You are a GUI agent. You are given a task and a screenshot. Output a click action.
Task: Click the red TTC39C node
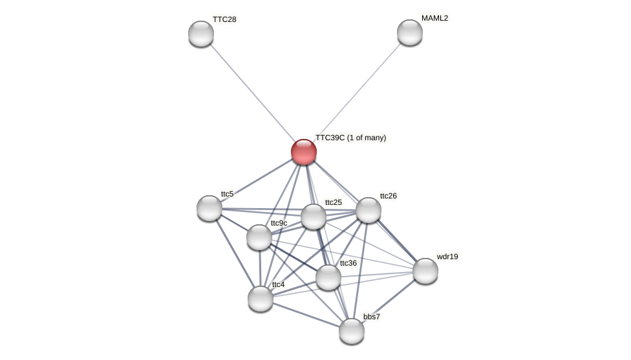(304, 152)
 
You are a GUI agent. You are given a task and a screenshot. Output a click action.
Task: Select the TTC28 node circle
(201, 34)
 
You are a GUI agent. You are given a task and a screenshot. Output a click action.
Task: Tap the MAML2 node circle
(410, 32)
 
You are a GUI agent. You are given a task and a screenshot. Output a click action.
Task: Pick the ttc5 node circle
(209, 208)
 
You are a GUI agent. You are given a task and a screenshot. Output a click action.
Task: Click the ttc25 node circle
(314, 217)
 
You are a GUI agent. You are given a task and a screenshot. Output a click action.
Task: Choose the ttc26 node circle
(369, 210)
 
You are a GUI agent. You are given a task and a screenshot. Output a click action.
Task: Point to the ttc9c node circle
(259, 237)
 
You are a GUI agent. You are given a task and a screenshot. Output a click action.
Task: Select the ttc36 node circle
(328, 277)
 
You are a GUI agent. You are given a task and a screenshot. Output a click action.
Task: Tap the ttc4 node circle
(261, 299)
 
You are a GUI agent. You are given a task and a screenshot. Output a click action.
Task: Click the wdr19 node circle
(425, 271)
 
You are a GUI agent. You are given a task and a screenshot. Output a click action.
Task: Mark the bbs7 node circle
(352, 331)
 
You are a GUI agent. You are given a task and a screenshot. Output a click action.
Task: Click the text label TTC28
(224, 19)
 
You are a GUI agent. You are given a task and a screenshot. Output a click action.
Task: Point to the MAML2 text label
(434, 18)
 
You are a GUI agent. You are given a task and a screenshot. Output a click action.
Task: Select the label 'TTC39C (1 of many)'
(350, 138)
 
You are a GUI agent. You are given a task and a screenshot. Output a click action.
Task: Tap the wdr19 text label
(447, 257)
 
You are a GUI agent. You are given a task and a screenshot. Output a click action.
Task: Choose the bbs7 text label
(372, 317)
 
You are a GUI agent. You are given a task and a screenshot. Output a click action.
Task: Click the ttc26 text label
(388, 196)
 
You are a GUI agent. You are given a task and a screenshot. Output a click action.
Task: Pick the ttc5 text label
(227, 194)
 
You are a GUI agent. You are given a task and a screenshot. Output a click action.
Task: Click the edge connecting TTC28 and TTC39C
(252, 92)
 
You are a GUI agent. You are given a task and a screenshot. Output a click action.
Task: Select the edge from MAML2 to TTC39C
(357, 92)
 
